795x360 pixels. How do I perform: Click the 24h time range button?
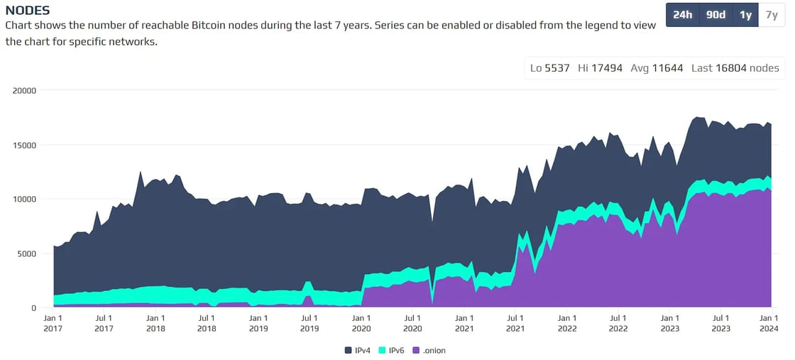point(682,15)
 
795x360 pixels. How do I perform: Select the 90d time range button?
point(716,15)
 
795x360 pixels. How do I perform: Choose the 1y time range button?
point(746,15)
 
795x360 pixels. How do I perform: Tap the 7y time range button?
point(772,15)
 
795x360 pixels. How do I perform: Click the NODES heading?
point(28,11)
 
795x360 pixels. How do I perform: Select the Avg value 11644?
point(667,68)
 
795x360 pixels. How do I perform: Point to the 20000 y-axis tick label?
point(24,91)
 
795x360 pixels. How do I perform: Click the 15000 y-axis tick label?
point(24,145)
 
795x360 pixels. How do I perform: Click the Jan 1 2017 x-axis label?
point(53,323)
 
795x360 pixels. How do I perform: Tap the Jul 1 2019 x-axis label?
point(309,323)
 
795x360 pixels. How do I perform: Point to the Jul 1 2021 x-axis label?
point(515,323)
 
